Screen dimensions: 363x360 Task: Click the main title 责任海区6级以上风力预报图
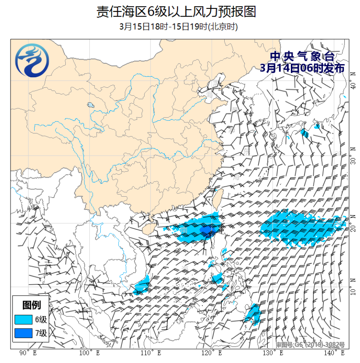(176, 11)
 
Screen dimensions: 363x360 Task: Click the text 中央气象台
(302, 56)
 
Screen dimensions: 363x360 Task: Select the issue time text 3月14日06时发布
(302, 68)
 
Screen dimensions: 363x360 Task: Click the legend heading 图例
(31, 305)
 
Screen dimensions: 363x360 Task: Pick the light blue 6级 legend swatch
(23, 320)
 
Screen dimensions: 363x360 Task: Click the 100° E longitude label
(90, 353)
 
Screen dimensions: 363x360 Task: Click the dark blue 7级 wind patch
(207, 230)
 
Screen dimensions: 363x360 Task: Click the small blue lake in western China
(90, 105)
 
